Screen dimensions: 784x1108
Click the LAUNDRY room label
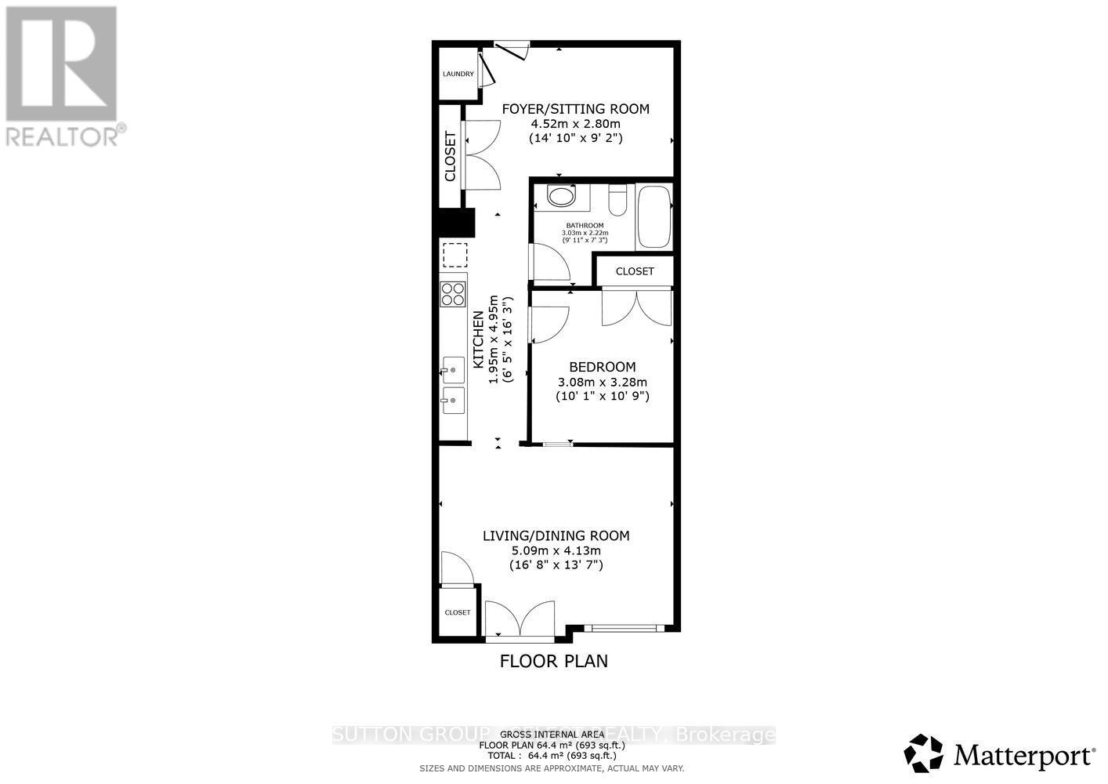458,74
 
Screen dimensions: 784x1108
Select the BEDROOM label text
602,367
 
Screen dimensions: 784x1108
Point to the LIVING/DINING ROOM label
556,536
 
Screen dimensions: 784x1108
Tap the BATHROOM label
585,226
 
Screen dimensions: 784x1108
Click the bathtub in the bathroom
654,216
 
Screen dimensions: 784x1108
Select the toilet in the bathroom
618,199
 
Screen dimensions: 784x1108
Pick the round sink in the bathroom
561,195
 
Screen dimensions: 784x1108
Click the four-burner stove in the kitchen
453,294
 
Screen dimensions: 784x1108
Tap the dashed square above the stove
454,255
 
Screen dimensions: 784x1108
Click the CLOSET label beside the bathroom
634,271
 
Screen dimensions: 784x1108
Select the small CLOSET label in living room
458,612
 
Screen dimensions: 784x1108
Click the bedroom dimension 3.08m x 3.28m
602,382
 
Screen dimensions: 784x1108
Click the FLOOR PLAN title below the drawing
553,661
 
